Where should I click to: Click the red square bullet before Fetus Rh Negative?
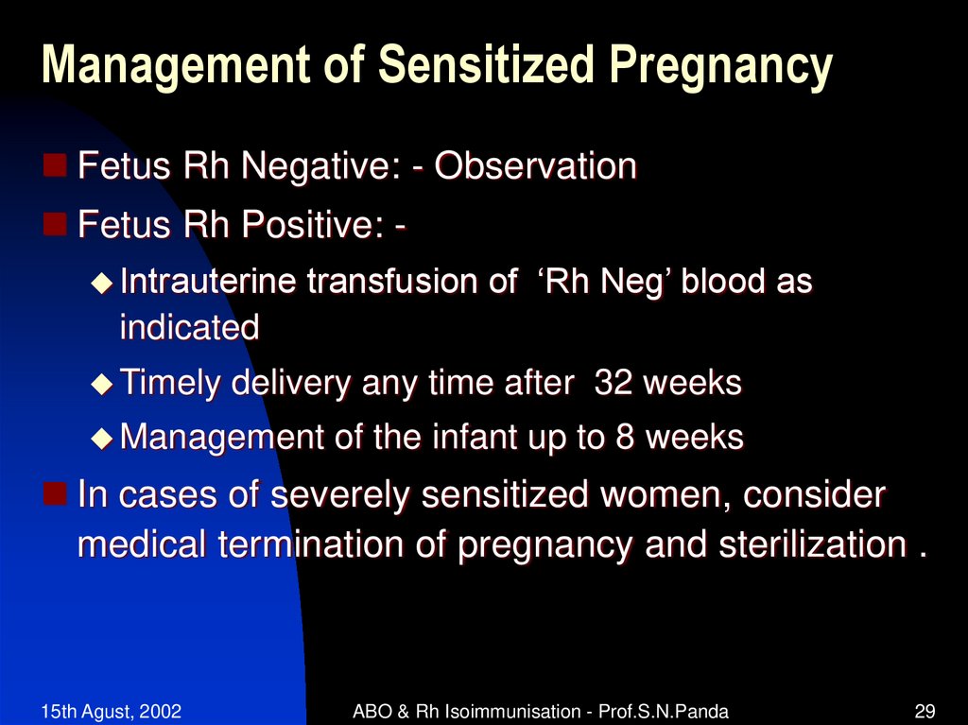56,167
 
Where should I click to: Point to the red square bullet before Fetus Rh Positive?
56,224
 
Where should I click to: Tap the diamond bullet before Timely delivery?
101,384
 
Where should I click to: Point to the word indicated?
189,328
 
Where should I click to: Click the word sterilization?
808,545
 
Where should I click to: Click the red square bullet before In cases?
56,493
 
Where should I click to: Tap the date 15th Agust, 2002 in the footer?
112,711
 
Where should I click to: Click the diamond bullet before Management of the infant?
101,438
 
